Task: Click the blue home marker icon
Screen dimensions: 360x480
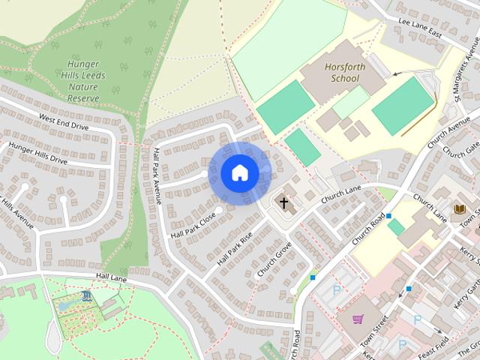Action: [x=239, y=172]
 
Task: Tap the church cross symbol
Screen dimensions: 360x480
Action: [x=283, y=202]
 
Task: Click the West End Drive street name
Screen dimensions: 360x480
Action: [x=64, y=123]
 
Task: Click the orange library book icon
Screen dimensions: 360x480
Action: [x=460, y=208]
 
